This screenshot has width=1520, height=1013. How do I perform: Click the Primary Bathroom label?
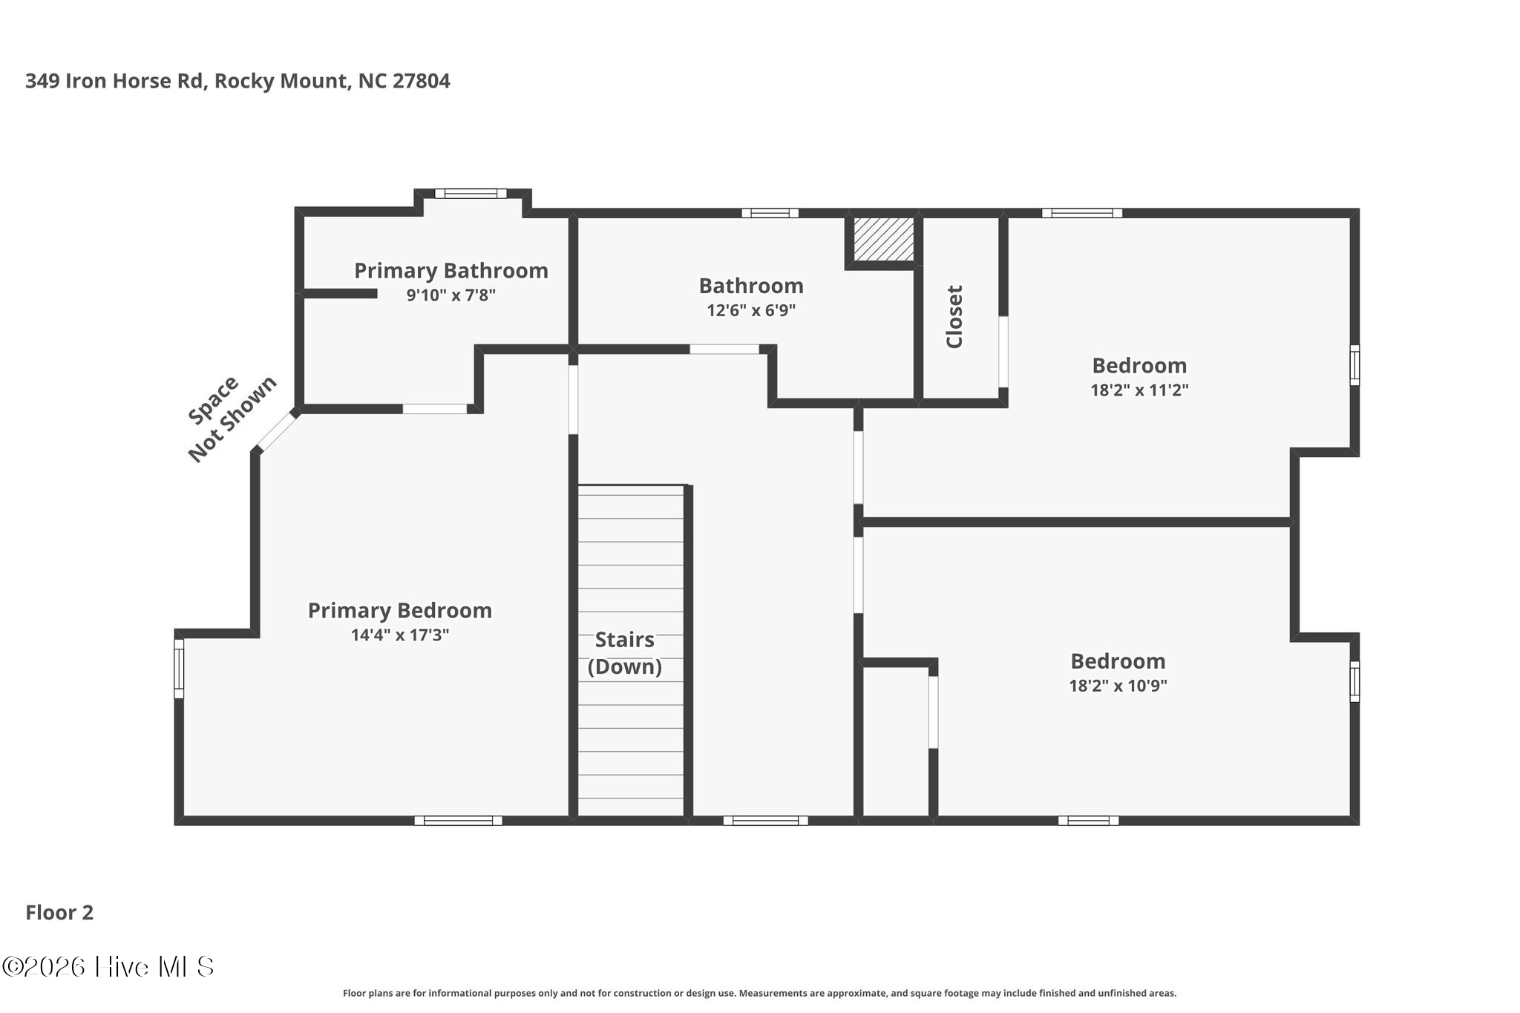tap(451, 271)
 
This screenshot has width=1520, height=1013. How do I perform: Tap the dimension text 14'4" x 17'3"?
tap(400, 635)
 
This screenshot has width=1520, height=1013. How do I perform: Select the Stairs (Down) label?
tap(624, 653)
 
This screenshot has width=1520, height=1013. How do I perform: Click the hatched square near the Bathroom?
tap(882, 239)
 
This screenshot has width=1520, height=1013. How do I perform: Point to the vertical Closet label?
tap(954, 317)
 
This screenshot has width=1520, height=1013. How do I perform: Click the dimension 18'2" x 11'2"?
tap(1139, 390)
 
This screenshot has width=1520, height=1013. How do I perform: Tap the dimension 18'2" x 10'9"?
tap(1118, 686)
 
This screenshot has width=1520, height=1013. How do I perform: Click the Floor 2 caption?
tap(59, 913)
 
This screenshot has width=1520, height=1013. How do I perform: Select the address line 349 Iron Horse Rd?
tap(237, 81)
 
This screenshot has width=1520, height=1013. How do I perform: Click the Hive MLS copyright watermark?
tap(108, 966)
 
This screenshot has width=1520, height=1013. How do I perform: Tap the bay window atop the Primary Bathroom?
tap(471, 194)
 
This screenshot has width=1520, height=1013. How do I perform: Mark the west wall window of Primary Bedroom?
tap(179, 669)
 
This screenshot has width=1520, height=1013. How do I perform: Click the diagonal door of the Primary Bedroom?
tap(277, 432)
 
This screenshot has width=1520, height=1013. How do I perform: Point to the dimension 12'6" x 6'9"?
tap(751, 310)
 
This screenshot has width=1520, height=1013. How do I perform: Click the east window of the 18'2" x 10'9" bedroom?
tap(1354, 681)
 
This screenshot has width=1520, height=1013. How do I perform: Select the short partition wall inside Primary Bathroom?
tap(340, 294)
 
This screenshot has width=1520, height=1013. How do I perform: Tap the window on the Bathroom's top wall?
tap(770, 213)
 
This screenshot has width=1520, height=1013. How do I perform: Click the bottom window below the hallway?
tap(765, 820)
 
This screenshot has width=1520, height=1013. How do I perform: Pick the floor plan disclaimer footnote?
tap(759, 993)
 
